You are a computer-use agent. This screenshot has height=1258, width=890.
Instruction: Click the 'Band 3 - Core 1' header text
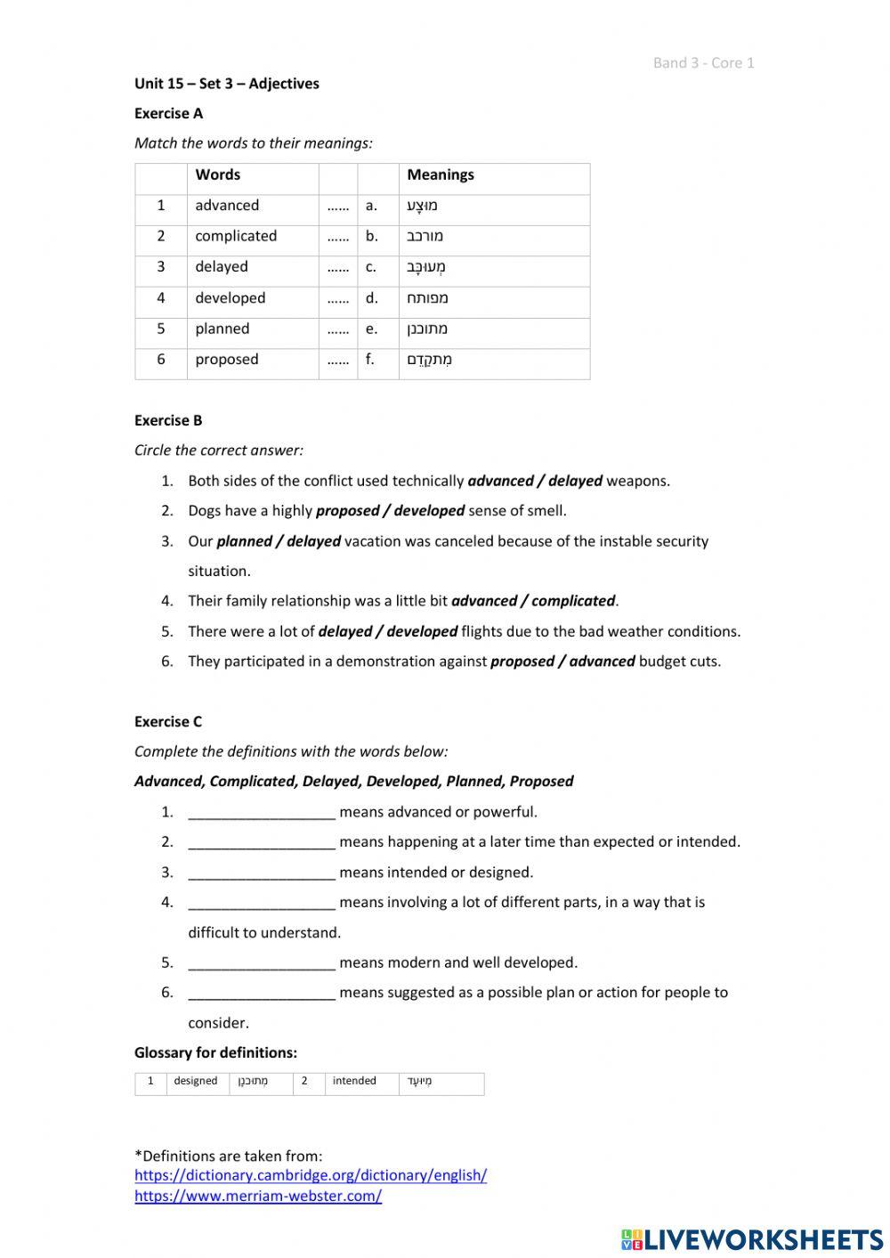click(x=703, y=62)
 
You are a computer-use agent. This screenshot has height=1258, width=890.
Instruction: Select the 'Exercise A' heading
click(x=168, y=113)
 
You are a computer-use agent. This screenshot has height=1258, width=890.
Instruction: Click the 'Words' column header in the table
click(x=218, y=174)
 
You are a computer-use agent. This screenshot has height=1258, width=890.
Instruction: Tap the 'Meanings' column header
click(x=441, y=174)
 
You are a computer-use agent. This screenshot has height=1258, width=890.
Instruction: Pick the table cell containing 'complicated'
click(x=236, y=236)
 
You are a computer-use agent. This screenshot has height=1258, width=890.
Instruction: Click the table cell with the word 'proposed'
click(x=227, y=360)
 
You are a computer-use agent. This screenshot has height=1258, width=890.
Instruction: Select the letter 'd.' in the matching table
click(x=371, y=298)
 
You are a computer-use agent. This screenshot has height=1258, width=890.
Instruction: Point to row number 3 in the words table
click(x=161, y=267)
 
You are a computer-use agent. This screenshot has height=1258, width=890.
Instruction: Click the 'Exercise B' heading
click(x=168, y=420)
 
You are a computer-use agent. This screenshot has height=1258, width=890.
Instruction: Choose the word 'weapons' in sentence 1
click(x=636, y=481)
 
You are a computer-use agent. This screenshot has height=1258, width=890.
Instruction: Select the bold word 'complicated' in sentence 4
click(x=573, y=601)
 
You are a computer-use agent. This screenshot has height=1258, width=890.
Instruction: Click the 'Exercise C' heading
click(x=168, y=721)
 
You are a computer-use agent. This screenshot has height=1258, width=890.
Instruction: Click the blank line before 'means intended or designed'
click(x=262, y=872)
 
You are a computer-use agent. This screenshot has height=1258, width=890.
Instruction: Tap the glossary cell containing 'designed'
click(x=196, y=1081)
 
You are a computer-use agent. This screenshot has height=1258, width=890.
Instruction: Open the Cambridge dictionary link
click(x=311, y=1175)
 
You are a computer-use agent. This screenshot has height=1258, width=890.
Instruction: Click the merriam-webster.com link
click(x=258, y=1196)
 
